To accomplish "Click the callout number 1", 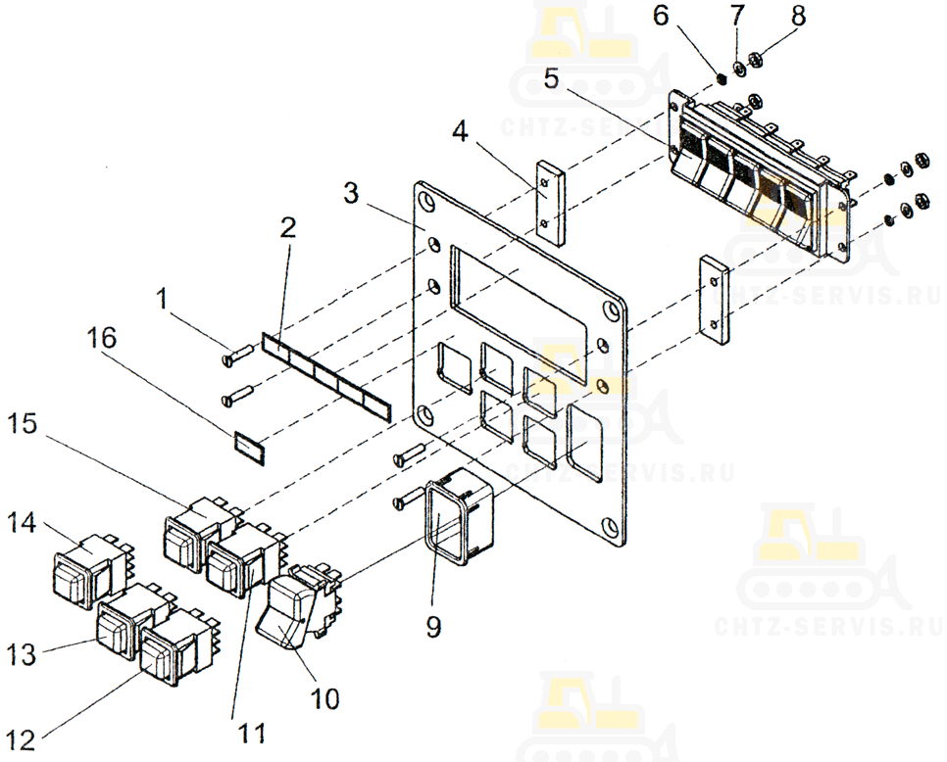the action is click(161, 299).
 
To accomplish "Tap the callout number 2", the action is click(288, 227).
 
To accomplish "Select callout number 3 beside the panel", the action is click(351, 193).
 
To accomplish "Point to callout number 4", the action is click(460, 131).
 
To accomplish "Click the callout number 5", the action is click(551, 78).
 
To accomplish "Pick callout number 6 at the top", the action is click(662, 15).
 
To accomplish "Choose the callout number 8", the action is click(798, 15).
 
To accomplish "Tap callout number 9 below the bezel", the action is click(433, 626).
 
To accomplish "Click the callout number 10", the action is click(324, 698).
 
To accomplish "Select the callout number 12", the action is click(22, 739).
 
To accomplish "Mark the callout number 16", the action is click(101, 338).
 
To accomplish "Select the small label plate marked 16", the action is click(249, 449).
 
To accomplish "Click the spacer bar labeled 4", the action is click(550, 202).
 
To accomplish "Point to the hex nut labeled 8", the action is click(754, 59).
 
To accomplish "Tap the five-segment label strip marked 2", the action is click(326, 376).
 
